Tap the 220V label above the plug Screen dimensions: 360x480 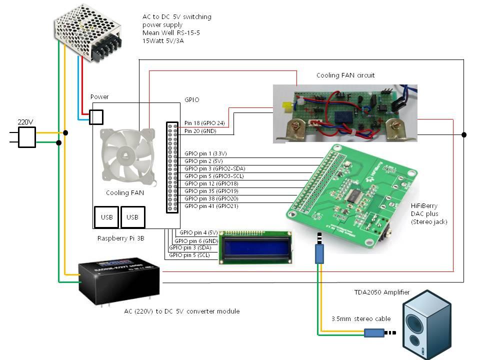point(25,121)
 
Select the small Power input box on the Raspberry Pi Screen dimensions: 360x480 point(96,117)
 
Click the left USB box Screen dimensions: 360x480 point(106,217)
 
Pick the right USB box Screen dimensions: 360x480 point(132,217)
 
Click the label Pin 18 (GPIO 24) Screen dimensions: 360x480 point(204,123)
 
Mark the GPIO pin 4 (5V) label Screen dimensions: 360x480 point(198,232)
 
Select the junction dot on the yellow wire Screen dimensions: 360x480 point(65,133)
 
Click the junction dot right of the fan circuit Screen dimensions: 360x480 point(464,135)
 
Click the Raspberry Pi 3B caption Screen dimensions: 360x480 point(120,239)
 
